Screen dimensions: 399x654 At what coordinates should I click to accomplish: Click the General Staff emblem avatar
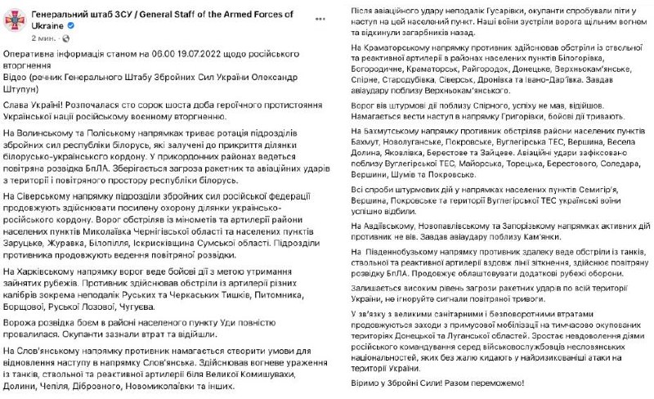coord(16,23)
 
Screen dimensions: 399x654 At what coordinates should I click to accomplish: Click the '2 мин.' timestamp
coord(44,38)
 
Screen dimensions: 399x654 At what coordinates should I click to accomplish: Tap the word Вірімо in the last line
coord(355,383)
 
